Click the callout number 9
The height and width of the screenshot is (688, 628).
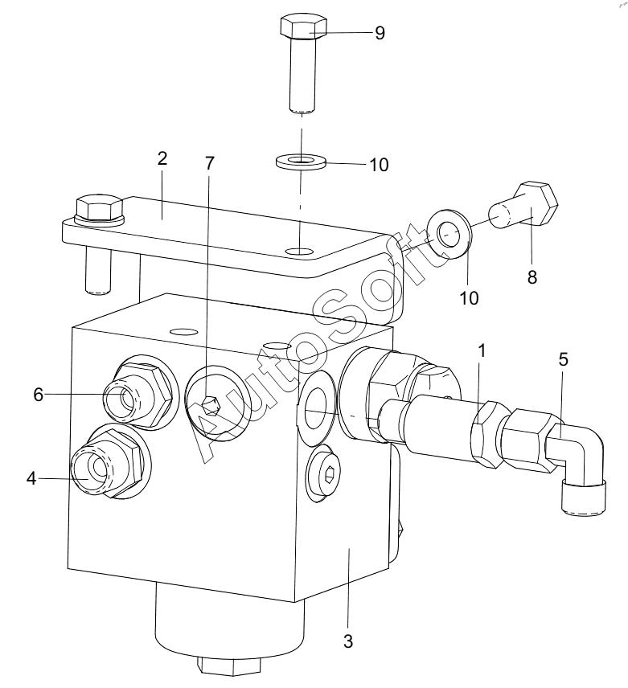[x=380, y=33]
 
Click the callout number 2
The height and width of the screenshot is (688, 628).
[x=162, y=158]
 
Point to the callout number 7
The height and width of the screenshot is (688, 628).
[x=209, y=163]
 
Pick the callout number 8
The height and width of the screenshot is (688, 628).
[x=532, y=276]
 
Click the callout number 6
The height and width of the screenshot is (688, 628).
[x=38, y=395]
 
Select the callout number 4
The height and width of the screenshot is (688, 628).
[x=31, y=478]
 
